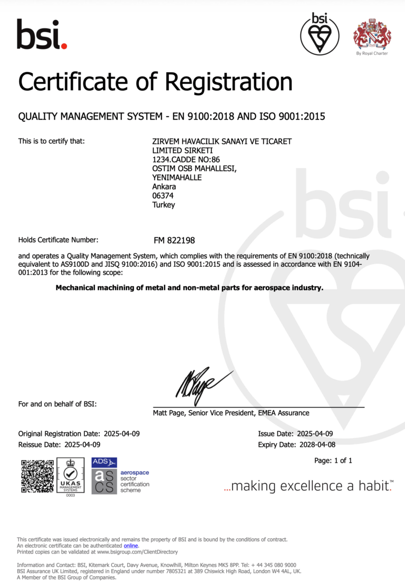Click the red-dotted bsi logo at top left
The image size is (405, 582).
point(42,34)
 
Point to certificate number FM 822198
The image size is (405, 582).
point(174,240)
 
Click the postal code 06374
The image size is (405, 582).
point(162,196)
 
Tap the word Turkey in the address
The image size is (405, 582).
point(163,205)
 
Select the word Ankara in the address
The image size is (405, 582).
point(164,187)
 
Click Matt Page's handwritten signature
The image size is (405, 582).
point(203,383)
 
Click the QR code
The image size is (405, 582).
point(37,476)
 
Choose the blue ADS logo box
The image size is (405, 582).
point(104,462)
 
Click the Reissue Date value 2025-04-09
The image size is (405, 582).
point(82,445)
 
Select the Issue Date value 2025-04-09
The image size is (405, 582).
point(315,434)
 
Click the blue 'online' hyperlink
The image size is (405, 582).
point(130,546)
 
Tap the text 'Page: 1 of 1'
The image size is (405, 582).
point(333,461)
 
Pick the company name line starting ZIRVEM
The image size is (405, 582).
point(221,141)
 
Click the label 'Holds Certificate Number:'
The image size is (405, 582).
point(59,240)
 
